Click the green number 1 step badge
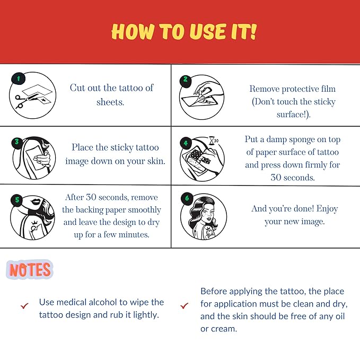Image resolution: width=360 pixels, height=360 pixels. [x=19, y=79]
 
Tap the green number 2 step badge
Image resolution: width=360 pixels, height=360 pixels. [x=186, y=80]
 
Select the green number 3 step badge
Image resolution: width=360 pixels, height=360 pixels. [x=17, y=142]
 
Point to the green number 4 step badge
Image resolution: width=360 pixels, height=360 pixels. [x=186, y=143]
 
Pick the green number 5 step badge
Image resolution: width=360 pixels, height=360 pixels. [x=17, y=200]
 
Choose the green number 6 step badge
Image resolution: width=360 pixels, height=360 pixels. [x=187, y=198]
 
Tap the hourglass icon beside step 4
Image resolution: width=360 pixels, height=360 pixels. [x=212, y=141]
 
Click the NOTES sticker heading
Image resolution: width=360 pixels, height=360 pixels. [x=30, y=269]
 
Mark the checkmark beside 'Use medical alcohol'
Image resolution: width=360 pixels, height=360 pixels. [x=24, y=305]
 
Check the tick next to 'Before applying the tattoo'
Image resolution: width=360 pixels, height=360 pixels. [x=184, y=305]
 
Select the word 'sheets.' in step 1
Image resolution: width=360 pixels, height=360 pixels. [x=110, y=102]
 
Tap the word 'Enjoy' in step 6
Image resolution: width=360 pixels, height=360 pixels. [x=327, y=209]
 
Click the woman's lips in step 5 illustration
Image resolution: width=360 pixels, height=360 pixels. [x=36, y=202]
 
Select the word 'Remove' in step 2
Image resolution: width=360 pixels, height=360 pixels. [x=264, y=89]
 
